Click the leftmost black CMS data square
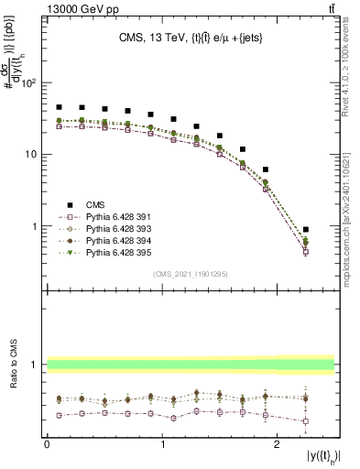point(60,107)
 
